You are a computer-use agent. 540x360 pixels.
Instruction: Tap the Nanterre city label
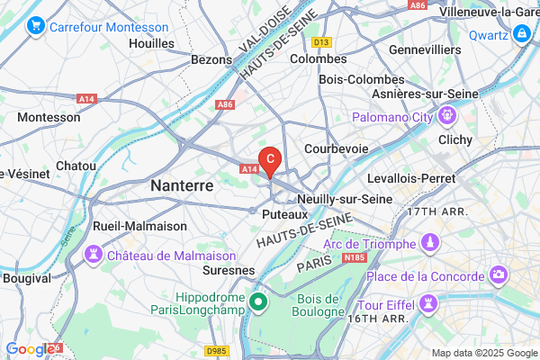tap(182, 185)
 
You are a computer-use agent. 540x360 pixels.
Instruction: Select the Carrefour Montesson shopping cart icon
tap(37, 26)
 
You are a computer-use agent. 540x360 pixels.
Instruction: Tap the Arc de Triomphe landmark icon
tap(431, 243)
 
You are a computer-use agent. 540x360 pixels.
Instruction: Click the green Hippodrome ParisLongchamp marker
tap(258, 301)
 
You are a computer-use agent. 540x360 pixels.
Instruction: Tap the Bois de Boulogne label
tap(318, 305)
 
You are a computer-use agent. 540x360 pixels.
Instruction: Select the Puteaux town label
tap(285, 215)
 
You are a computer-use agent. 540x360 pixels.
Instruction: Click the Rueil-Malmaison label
tap(139, 225)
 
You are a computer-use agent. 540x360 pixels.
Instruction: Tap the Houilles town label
tap(151, 42)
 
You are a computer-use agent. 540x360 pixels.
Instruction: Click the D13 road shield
tap(321, 42)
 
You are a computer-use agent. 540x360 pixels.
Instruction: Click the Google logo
tap(29, 349)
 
